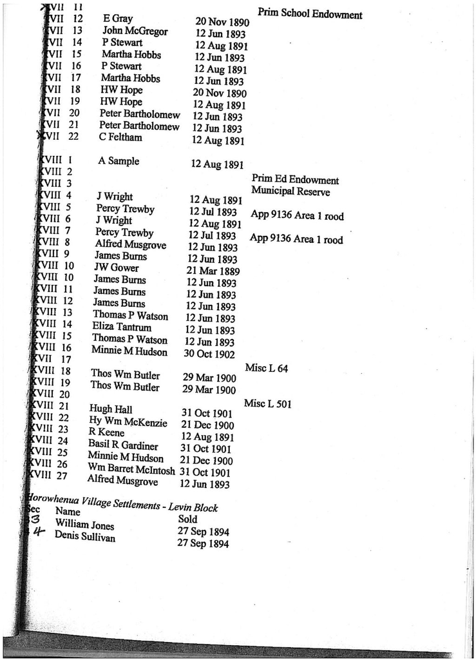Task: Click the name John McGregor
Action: click(135, 31)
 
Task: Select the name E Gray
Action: click(117, 19)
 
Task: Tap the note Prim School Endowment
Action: click(310, 14)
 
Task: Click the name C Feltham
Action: click(120, 137)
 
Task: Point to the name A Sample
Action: click(119, 161)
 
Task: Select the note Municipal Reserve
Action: click(290, 191)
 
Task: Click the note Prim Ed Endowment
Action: click(295, 180)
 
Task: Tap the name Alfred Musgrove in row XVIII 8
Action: click(130, 244)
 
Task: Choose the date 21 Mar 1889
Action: click(211, 271)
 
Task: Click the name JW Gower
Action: click(116, 267)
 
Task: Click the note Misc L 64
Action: click(266, 368)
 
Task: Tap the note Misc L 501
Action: click(268, 404)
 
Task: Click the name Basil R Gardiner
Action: click(123, 445)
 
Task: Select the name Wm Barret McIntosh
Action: click(131, 470)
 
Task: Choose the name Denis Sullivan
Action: click(85, 536)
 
